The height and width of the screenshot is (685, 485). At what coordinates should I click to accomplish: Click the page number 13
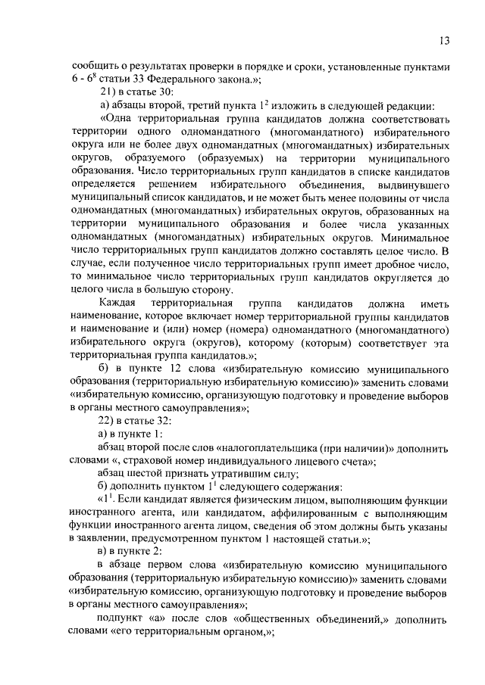(445, 39)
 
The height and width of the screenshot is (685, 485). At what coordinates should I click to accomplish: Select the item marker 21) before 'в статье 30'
(108, 92)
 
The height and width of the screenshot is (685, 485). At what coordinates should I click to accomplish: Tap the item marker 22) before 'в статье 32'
(108, 421)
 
